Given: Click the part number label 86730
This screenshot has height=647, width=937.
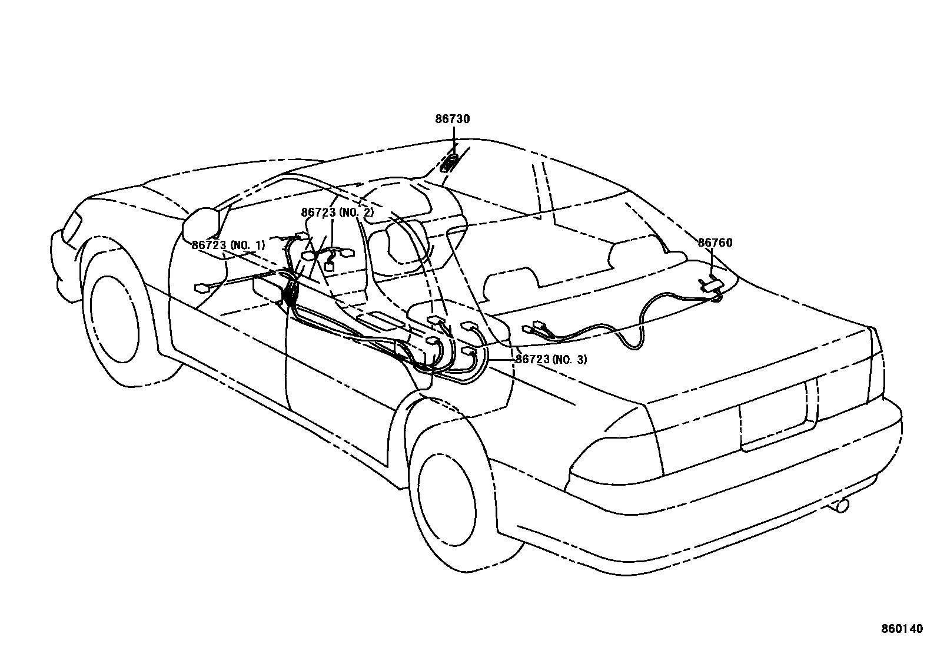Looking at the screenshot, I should coord(453,119).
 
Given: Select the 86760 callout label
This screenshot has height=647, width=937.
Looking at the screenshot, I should coord(715,243).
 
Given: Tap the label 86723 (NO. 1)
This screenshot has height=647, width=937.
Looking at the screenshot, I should coord(228,245).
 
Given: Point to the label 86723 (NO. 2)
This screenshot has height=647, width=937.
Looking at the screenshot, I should coord(337,213).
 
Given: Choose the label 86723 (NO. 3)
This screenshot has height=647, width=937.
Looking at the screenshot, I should coord(551,359).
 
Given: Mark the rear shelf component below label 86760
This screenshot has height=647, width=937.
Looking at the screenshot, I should coord(712,285).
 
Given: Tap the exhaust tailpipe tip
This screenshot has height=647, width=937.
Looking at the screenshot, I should coord(842,505).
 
